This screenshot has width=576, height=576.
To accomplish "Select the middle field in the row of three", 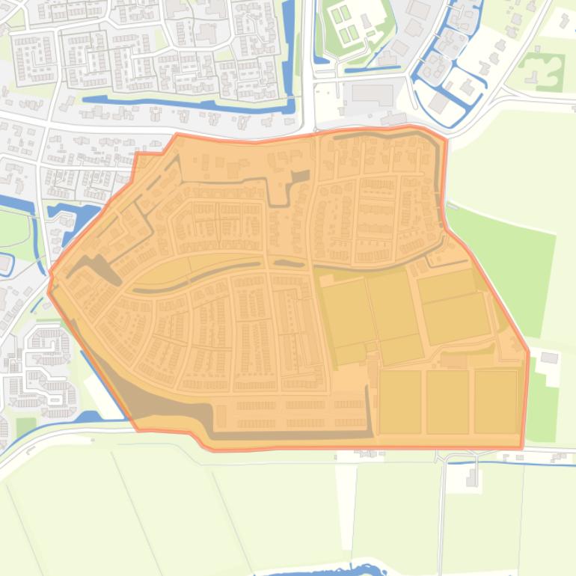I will pos(447,402).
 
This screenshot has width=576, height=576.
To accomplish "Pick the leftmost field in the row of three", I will pos(400,402).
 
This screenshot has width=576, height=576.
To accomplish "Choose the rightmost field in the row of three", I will pos(495,402).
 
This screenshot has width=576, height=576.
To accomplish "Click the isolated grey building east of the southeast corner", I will pos(549,358).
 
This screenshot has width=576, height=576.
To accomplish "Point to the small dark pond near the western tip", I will pos(97,266).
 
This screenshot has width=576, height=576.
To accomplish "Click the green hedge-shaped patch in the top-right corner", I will pos(542,70).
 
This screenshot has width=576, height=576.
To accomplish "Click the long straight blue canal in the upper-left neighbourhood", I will pos(187,102).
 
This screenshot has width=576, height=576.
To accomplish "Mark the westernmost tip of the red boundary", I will pos(49,290).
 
